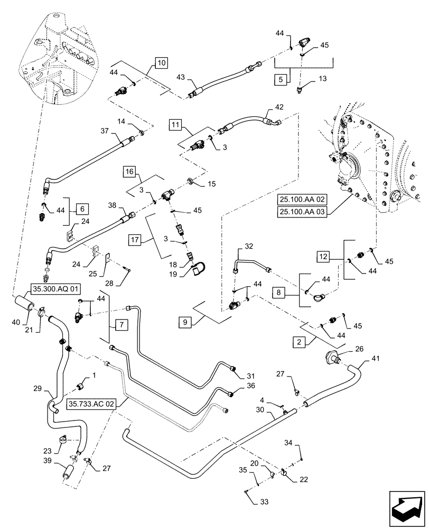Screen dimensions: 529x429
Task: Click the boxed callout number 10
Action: [x=161, y=62]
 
